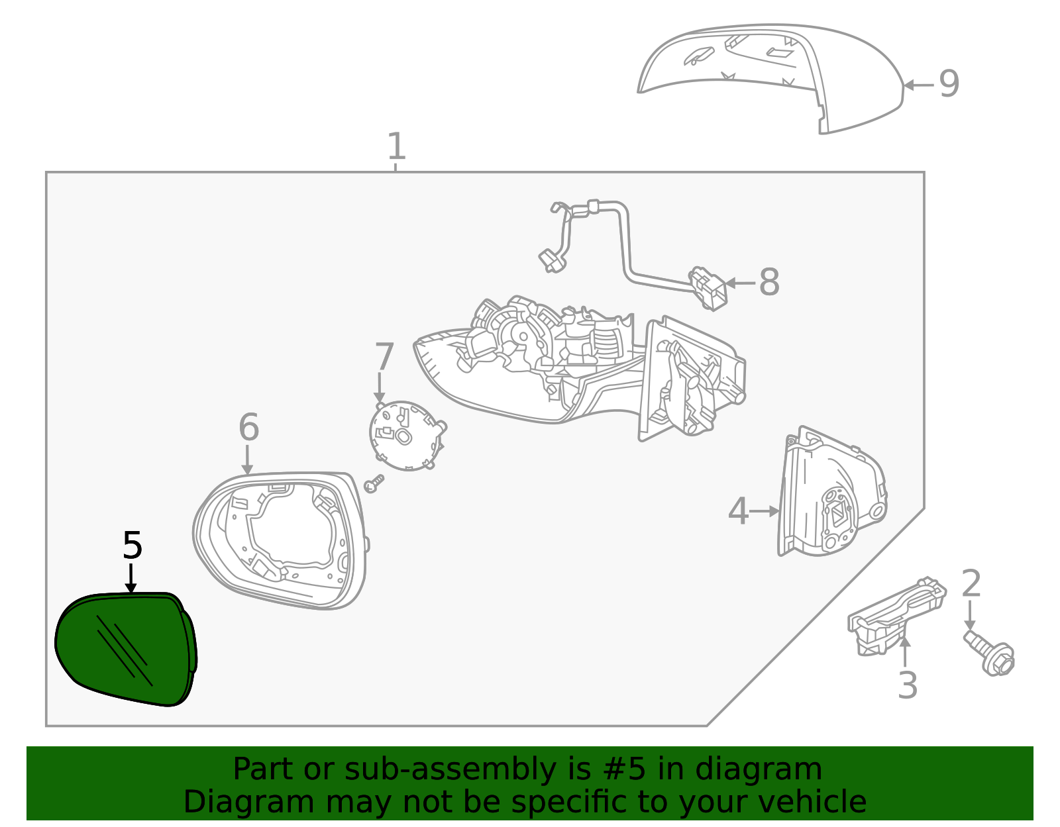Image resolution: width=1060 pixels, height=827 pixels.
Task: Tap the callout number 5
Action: pos(132,546)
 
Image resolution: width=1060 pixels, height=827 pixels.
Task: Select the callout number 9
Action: pos(949,85)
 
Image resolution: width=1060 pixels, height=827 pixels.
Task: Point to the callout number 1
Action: pos(396,146)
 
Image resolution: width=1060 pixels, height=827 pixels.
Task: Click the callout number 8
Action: pos(768,283)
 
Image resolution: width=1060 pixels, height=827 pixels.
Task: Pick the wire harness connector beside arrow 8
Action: pos(708,288)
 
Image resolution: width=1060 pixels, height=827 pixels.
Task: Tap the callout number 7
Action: pos(384,357)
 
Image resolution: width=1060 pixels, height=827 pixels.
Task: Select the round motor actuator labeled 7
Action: pos(405,435)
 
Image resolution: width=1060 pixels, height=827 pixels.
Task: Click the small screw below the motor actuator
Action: pos(374,484)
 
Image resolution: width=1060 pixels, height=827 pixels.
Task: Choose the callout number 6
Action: pos(248,428)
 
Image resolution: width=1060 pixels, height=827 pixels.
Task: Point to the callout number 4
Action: pos(738,511)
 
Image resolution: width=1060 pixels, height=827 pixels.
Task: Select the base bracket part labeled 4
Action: pos(831,497)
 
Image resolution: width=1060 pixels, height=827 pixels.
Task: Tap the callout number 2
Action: pos(971,584)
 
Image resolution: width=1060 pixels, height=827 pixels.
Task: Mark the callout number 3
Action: pos(907,685)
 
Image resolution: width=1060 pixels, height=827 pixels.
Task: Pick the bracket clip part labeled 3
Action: pos(894,616)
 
